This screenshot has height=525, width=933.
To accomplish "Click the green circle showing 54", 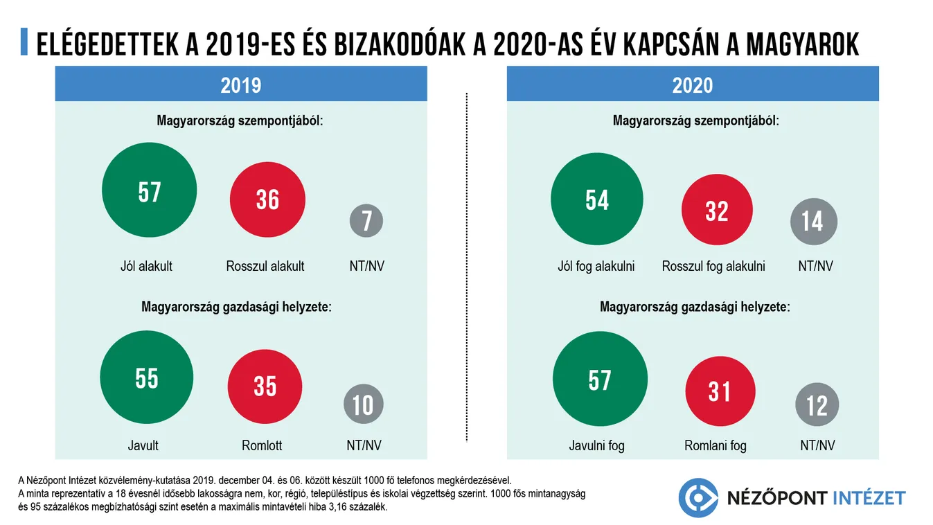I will (x=597, y=199).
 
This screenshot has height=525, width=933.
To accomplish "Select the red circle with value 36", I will (x=267, y=199).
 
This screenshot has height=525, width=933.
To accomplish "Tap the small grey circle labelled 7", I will (x=366, y=221).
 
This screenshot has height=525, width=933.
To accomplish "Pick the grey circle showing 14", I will (x=813, y=222).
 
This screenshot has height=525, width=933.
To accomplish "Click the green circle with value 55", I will (x=147, y=378).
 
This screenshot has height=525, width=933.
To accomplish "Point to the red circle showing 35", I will (x=265, y=386).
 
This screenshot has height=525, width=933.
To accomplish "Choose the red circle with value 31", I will (x=720, y=391).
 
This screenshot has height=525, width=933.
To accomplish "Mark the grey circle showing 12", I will (x=817, y=405).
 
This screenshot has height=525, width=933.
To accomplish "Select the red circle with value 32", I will (x=716, y=210).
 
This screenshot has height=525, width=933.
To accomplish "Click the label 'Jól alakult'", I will (x=146, y=266).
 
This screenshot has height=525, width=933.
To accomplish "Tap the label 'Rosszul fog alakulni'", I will (x=713, y=266).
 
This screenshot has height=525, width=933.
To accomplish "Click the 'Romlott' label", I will (x=262, y=445).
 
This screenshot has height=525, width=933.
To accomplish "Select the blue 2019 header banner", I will (x=241, y=84).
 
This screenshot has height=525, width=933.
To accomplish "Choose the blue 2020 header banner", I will (x=693, y=84).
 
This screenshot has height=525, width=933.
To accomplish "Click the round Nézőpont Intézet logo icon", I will (x=698, y=497).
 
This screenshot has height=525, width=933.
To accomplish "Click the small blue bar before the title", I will (x=24, y=43).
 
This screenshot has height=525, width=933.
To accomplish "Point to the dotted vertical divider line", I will (x=468, y=267).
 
